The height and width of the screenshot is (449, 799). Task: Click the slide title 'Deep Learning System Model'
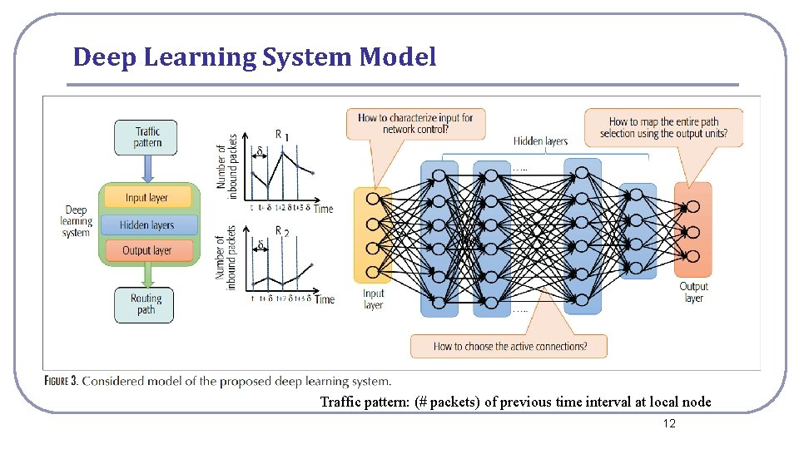coord(254,57)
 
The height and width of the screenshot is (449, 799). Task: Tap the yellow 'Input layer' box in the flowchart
coord(146,197)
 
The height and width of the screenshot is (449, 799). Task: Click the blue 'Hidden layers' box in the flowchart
coord(146,224)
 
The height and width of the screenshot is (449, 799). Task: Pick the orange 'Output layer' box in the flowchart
coord(146,250)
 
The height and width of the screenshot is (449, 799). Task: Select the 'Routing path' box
coord(146,304)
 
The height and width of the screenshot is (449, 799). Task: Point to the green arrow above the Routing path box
coord(146,275)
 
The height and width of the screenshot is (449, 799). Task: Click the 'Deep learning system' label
coord(76,222)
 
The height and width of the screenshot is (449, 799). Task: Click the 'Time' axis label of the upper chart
coord(323,209)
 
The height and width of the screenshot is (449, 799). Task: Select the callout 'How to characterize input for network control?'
coord(415,123)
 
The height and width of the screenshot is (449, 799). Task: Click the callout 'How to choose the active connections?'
coord(509,346)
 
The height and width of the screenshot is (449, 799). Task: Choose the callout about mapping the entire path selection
coord(663,127)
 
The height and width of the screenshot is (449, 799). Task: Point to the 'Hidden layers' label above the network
coord(540,141)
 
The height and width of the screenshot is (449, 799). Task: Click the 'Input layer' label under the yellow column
coord(374,299)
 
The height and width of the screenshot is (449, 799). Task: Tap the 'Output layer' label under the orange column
coord(693,293)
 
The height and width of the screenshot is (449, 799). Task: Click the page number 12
coord(669,424)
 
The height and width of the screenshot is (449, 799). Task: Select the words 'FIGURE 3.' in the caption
coord(62,382)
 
